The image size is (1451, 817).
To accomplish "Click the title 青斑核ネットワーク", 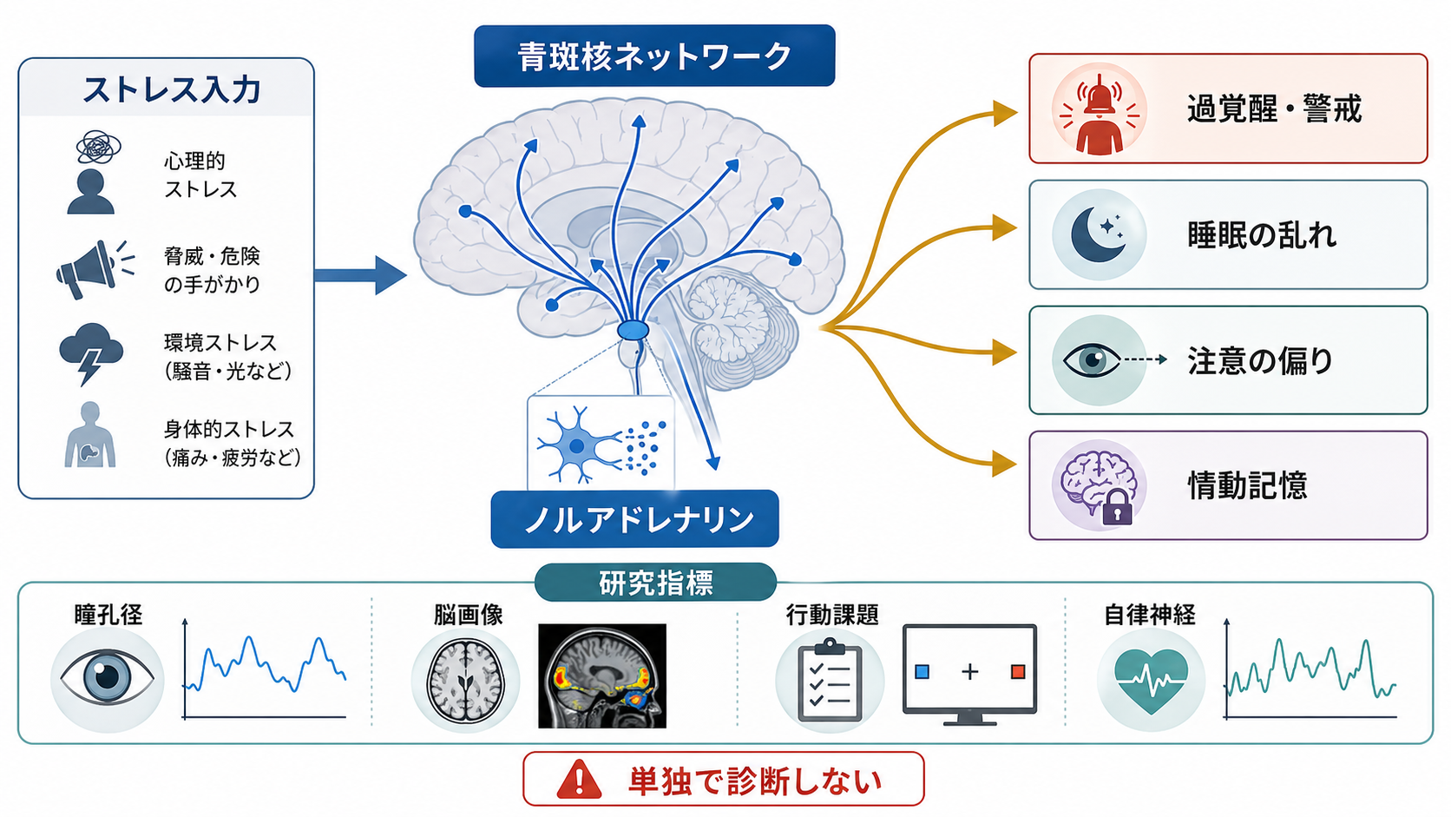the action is (654, 56).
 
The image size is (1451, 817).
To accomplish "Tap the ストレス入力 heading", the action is (172, 89).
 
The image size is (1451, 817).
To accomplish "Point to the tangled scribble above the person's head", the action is (98, 148).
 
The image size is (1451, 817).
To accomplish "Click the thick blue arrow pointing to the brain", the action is (360, 275).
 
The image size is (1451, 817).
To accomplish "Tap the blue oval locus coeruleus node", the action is (633, 330).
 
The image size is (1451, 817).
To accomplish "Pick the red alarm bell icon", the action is (1100, 115).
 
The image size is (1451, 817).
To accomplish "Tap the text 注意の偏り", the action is (1260, 361).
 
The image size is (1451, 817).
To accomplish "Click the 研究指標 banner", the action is (655, 583).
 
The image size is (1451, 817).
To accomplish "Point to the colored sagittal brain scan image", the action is (601, 675).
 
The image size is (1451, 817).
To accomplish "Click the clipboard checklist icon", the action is (830, 680).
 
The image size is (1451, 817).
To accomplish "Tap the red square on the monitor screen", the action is (1018, 671).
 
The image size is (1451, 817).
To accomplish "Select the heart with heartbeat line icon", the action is (1151, 681).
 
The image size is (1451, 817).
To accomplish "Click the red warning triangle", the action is (579, 779).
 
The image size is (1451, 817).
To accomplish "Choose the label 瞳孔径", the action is (108, 614).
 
